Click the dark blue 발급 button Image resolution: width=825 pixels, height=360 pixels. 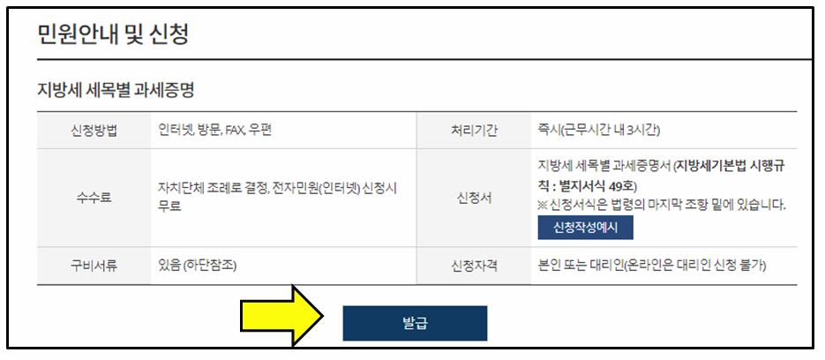(x=415, y=323)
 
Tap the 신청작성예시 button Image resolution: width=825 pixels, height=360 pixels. (x=585, y=227)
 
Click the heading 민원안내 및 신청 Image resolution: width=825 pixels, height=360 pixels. (x=112, y=34)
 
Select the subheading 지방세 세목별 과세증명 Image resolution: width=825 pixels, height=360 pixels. (x=115, y=90)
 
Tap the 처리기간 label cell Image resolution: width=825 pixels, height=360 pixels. (x=474, y=131)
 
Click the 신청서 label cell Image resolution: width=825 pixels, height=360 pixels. (x=474, y=198)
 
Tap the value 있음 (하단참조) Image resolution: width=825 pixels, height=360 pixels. (x=197, y=265)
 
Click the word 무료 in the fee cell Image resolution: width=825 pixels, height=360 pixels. (x=169, y=206)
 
